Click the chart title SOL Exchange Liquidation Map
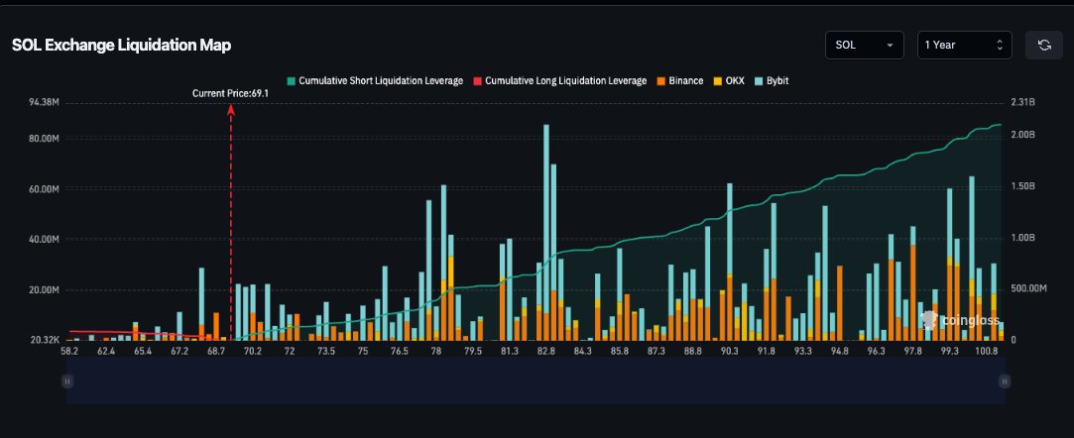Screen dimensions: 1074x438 pyautogui.click(x=121, y=46)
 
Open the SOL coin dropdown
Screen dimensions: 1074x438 pyautogui.click(x=865, y=46)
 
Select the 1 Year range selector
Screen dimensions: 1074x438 pyautogui.click(x=964, y=46)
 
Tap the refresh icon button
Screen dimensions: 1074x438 pyautogui.click(x=1044, y=46)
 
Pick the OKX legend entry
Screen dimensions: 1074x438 pyautogui.click(x=729, y=80)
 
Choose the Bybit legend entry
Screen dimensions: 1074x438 pyautogui.click(x=771, y=80)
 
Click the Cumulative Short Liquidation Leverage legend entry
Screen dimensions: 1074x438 pyautogui.click(x=375, y=80)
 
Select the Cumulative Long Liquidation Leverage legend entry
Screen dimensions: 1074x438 pyautogui.click(x=559, y=80)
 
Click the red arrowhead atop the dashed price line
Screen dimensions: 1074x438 pyautogui.click(x=231, y=109)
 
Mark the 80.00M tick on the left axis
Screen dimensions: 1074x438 pyautogui.click(x=45, y=139)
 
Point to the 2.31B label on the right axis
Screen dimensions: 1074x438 pyautogui.click(x=1022, y=103)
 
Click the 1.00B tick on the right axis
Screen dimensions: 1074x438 pyautogui.click(x=1022, y=238)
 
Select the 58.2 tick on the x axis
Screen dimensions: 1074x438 pyautogui.click(x=69, y=351)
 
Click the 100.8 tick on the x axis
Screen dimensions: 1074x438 pyautogui.click(x=987, y=351)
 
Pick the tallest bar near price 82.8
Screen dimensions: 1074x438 pyautogui.click(x=545, y=233)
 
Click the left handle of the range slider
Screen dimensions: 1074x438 pyautogui.click(x=67, y=382)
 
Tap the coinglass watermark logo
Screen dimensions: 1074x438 pyautogui.click(x=960, y=320)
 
